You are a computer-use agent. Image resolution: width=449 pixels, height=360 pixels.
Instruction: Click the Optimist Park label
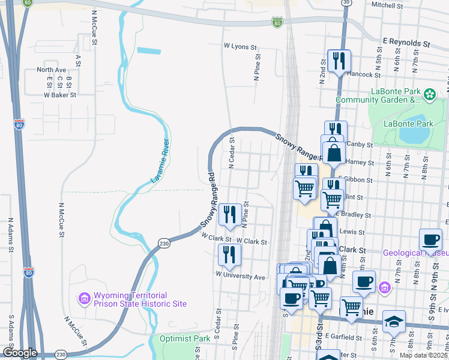185,338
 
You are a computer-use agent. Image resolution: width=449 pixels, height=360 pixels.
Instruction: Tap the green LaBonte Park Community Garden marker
430,94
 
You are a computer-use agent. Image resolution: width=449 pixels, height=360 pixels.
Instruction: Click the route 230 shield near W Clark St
164,243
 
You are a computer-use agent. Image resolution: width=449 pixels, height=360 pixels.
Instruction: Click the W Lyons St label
240,46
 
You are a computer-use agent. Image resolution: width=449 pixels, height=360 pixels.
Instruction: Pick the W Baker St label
59,95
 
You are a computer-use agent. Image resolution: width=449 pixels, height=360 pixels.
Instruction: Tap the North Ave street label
51,70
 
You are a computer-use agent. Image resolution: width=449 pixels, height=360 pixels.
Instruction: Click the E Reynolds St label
406,44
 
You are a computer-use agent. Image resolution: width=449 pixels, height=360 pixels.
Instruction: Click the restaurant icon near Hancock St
339,61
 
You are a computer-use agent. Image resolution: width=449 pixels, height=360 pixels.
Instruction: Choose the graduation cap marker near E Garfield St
394,321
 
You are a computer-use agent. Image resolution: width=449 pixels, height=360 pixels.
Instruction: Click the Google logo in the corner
20,353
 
